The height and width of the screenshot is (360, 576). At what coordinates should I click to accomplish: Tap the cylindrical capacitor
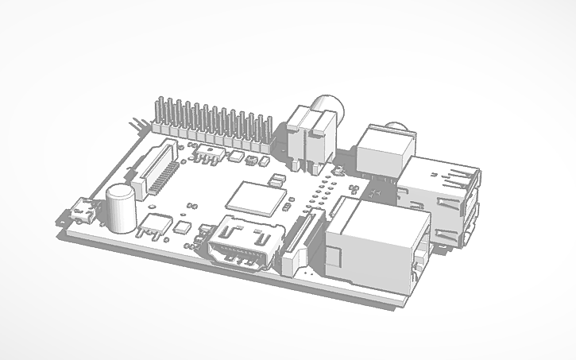[x=121, y=209]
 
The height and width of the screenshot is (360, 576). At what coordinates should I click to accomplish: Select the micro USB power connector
[x=81, y=213]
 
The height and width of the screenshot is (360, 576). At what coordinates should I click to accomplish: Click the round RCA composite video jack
[x=327, y=107]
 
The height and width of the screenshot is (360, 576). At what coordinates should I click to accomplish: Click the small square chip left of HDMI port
[x=183, y=227]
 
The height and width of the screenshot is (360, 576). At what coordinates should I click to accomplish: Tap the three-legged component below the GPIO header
[x=207, y=153]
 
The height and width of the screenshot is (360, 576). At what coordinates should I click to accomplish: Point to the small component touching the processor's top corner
[x=277, y=182]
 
